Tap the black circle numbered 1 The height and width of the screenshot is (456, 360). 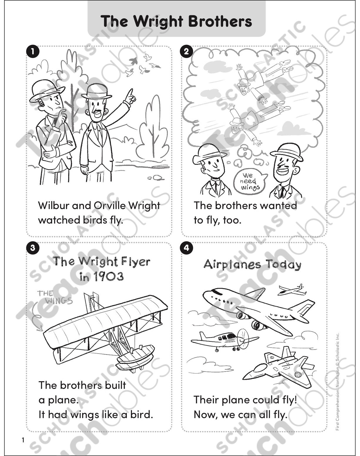[x=33, y=52]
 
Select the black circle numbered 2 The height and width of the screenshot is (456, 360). [x=186, y=52]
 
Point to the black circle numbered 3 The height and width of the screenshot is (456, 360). [x=33, y=248]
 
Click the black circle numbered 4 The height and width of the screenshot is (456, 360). [x=186, y=248]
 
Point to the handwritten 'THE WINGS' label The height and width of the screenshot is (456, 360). [x=54, y=297]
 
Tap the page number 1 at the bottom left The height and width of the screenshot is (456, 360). [x=23, y=440]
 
